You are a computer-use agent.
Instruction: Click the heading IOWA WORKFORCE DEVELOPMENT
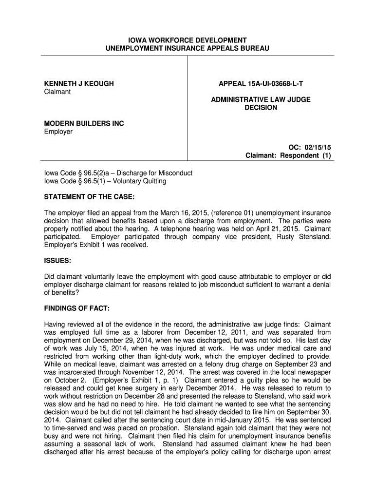(187, 40)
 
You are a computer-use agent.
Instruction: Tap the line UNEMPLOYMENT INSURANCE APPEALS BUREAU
(187, 48)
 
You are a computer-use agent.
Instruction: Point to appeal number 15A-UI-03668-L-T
(261, 84)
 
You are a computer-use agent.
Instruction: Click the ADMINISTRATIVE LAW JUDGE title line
(261, 99)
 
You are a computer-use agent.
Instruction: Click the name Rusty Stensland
(304, 237)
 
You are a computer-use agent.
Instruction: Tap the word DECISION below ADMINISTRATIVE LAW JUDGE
(261, 108)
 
